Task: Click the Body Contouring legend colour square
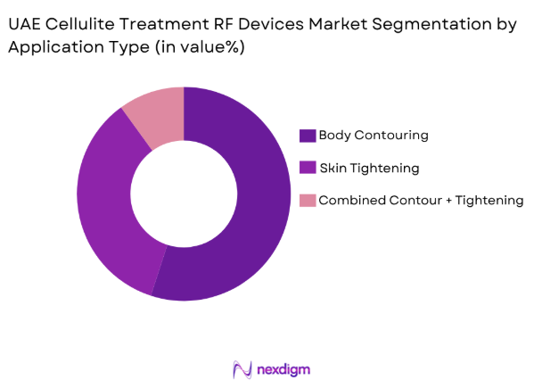click(308, 136)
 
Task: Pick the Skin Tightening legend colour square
click(308, 168)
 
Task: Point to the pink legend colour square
click(308, 200)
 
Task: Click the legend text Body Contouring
click(374, 136)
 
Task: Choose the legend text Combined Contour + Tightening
click(422, 200)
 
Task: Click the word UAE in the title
click(27, 25)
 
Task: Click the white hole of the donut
click(184, 193)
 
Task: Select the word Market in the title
click(338, 25)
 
